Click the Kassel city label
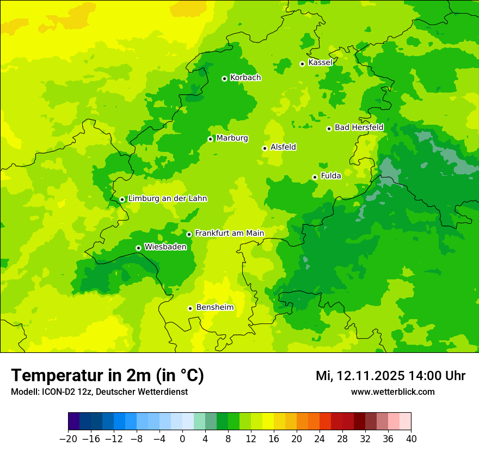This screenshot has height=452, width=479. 320,63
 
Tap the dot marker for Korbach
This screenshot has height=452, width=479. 224,78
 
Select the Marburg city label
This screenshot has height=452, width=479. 232,138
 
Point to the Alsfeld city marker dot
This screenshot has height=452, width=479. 265,148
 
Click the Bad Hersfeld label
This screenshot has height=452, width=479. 359,127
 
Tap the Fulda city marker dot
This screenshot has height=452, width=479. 315,177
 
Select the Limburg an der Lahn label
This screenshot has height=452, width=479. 167,199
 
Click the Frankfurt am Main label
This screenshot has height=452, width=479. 229,233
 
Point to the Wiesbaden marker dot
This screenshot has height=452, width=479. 138,248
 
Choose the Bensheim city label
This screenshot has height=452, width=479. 214,307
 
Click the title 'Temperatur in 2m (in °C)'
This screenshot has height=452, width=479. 108,376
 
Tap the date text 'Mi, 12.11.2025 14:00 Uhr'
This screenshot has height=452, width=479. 390,376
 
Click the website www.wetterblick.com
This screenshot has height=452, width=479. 392,392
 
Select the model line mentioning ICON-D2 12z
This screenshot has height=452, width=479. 99,392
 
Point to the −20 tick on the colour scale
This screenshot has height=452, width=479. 68,439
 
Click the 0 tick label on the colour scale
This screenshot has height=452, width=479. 182,439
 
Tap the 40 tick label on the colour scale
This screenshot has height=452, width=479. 411,439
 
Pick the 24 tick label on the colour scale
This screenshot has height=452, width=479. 320,439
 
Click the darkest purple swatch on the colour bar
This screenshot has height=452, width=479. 73,422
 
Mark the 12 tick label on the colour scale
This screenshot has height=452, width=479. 251,439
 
